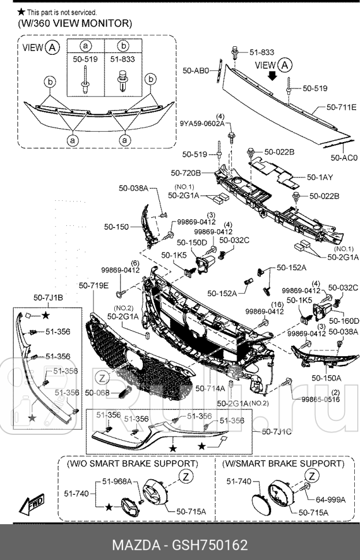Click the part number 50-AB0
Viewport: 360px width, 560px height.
[x=196, y=70]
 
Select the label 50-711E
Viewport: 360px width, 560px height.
[x=341, y=107]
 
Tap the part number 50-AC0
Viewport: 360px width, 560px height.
[x=344, y=157]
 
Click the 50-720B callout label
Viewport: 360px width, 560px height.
[x=186, y=173]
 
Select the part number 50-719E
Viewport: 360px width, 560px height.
[x=94, y=285]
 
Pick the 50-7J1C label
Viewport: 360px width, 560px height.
[x=276, y=431]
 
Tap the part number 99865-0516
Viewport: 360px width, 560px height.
[x=320, y=400]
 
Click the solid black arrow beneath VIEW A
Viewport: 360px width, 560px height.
[x=271, y=76]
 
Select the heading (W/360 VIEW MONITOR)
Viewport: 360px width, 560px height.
[x=75, y=24]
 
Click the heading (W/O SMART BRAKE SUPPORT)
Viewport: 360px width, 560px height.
[x=141, y=464]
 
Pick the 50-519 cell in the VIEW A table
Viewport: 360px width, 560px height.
[x=85, y=59]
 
